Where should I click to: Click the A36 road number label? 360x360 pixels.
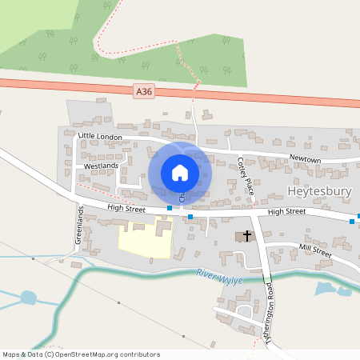pyautogui.click(x=144, y=93)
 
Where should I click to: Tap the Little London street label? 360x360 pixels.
pyautogui.click(x=100, y=137)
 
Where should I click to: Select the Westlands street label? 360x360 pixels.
pyautogui.click(x=101, y=166)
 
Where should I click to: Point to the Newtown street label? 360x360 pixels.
pyautogui.click(x=305, y=160)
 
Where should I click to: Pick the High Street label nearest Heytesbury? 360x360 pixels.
pyautogui.click(x=287, y=211)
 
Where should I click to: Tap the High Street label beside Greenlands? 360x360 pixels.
pyautogui.click(x=126, y=209)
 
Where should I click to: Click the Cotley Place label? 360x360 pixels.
pyautogui.click(x=244, y=176)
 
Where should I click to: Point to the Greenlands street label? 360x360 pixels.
pyautogui.click(x=79, y=226)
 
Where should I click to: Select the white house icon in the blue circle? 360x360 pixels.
pyautogui.click(x=180, y=172)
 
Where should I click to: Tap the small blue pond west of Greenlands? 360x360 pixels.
pyautogui.click(x=28, y=298)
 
